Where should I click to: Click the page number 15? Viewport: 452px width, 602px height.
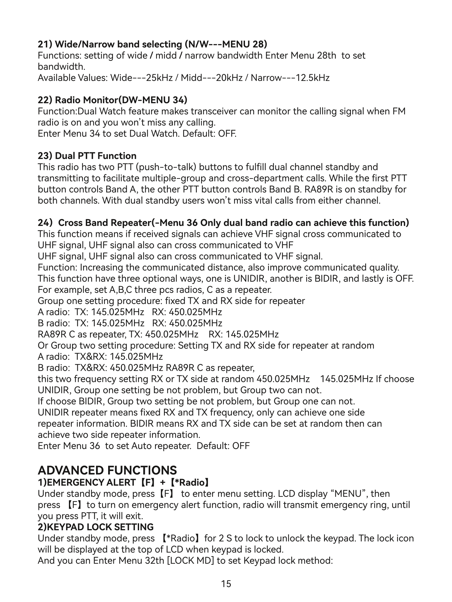click(x=226, y=584)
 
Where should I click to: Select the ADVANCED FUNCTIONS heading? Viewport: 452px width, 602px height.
click(x=107, y=470)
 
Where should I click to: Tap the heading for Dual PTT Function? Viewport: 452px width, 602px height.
click(x=87, y=156)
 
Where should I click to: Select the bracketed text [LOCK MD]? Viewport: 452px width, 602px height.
click(x=190, y=560)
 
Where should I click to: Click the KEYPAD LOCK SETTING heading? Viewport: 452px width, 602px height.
click(x=96, y=527)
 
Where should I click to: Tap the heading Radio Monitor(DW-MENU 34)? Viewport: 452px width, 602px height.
click(x=113, y=100)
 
